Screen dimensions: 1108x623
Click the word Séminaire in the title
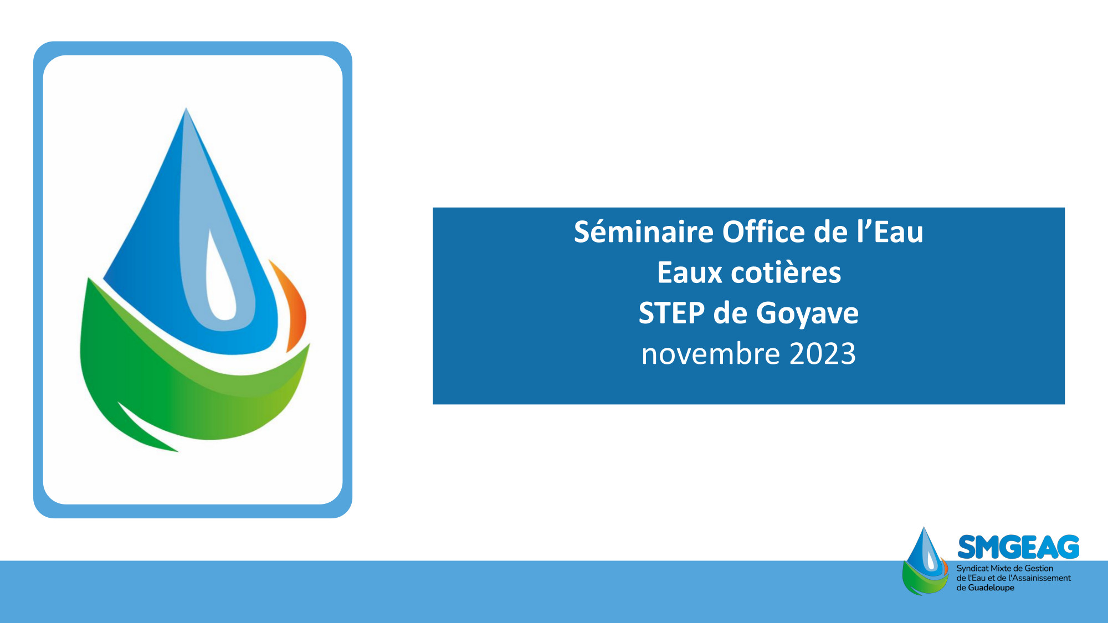click(x=643, y=231)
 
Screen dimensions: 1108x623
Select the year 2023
click(x=822, y=354)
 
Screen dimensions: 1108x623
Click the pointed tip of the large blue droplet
click(x=186, y=109)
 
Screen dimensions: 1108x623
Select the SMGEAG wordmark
click(x=1018, y=548)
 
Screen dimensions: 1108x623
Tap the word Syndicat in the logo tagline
click(x=972, y=569)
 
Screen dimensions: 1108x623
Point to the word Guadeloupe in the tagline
click(x=991, y=588)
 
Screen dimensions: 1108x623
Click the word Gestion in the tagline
click(x=1039, y=569)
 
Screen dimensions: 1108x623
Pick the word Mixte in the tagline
click(x=1001, y=569)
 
